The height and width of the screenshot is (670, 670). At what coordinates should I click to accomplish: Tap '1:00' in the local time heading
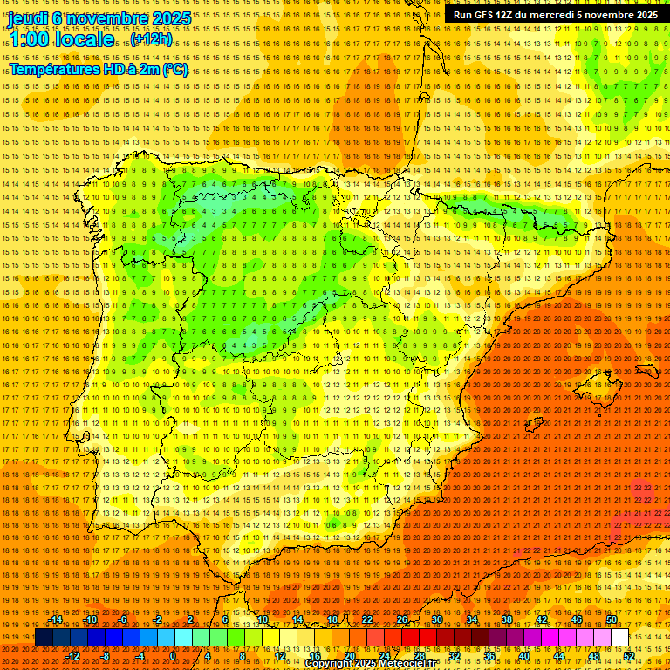click(30, 39)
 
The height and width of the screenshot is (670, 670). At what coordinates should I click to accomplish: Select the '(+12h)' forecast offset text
click(151, 39)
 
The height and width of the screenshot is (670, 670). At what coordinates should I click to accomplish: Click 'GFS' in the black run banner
click(487, 15)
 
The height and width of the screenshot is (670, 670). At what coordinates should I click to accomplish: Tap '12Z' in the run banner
click(509, 15)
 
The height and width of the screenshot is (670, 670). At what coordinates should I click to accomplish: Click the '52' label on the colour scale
click(629, 656)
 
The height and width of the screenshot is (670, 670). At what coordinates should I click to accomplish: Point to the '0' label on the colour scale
click(173, 656)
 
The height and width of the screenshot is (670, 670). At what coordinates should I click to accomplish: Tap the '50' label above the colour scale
click(612, 620)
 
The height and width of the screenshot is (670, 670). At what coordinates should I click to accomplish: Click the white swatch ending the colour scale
click(619, 638)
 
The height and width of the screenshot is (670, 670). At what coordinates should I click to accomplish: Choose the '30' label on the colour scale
click(437, 620)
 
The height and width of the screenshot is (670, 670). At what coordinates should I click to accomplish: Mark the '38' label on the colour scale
click(507, 620)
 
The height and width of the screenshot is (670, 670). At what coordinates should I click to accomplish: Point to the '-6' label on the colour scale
click(123, 620)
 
